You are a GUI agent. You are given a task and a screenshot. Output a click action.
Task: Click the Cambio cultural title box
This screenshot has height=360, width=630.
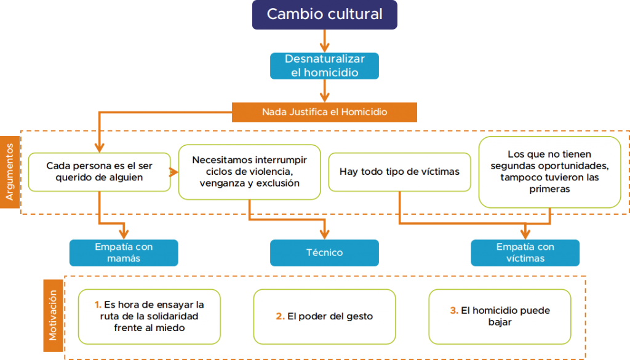(324, 15)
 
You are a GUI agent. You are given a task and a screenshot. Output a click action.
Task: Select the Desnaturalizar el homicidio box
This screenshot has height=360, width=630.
(324, 66)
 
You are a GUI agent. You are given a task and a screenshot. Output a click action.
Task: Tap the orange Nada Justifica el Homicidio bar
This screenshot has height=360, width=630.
(324, 112)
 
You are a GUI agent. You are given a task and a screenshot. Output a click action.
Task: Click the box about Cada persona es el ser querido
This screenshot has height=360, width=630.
(99, 172)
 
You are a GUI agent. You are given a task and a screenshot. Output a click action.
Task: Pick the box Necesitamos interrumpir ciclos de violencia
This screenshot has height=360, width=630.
(249, 172)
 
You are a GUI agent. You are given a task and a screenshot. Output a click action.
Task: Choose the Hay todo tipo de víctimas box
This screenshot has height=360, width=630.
(399, 172)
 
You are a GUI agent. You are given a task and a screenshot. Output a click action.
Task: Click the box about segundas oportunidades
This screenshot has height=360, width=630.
(549, 172)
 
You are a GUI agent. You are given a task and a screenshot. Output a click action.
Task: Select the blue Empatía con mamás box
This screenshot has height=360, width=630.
(124, 252)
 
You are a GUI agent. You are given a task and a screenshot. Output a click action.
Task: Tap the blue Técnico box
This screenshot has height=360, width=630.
(324, 252)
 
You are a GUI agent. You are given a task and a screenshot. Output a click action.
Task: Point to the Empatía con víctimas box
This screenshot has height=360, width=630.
(525, 252)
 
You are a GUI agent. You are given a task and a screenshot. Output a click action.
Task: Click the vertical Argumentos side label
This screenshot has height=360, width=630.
(10, 172)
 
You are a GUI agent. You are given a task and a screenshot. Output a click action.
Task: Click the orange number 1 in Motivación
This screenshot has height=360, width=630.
(98, 305)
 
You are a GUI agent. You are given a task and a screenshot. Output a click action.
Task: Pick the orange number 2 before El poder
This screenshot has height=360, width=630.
(279, 316)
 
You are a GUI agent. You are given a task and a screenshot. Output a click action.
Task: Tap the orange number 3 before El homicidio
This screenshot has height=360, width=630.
(453, 311)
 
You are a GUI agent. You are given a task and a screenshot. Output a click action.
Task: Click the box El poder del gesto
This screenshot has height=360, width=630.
(324, 316)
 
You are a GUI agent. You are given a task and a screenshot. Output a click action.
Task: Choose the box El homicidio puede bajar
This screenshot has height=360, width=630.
(500, 316)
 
